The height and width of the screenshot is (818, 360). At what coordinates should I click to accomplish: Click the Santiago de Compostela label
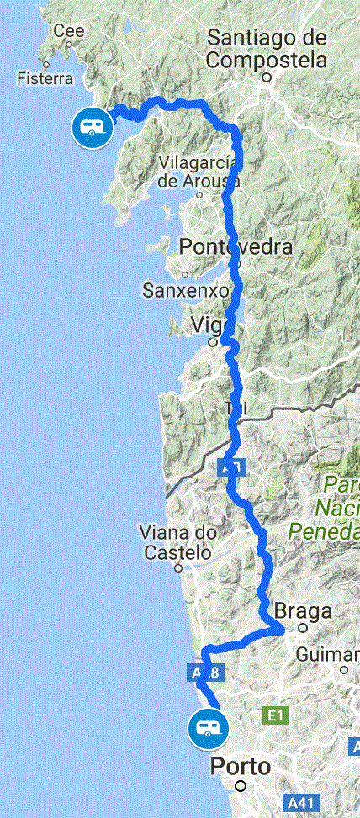[267, 49]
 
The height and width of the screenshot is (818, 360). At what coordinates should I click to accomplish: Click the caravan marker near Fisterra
[90, 128]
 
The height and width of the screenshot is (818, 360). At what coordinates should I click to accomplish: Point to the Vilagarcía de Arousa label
[199, 172]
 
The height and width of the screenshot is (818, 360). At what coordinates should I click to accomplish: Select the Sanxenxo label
[186, 291]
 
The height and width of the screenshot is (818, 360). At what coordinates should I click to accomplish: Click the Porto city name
[241, 767]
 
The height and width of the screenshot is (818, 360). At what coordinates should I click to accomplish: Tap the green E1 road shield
[273, 715]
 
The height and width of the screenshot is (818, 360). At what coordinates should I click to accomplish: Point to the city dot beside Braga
[303, 627]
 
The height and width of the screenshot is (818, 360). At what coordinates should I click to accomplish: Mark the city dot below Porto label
[241, 786]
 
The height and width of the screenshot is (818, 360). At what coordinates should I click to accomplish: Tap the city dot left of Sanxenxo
[183, 274]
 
